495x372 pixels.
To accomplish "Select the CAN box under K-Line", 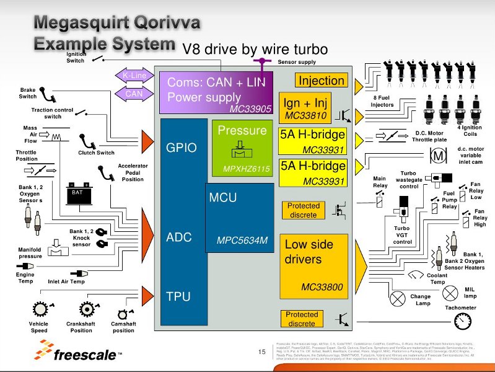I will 134,94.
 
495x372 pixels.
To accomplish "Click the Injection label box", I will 321,81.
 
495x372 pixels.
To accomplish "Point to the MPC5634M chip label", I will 242,240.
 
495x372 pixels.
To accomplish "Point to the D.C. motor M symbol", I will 438,156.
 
